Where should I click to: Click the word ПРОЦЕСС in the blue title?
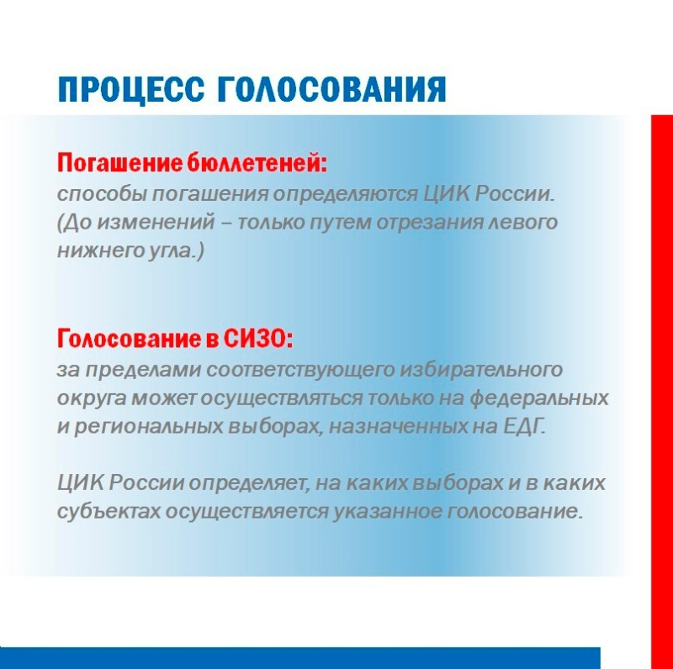pyautogui.click(x=131, y=90)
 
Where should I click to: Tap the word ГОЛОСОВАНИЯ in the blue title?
pyautogui.click(x=332, y=89)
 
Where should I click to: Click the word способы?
pyautogui.click(x=101, y=195)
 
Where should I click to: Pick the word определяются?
pyautogui.click(x=346, y=195)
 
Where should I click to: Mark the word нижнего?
pyautogui.click(x=99, y=250)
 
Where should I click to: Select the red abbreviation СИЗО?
pyautogui.click(x=257, y=339)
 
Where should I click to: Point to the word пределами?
pyautogui.click(x=142, y=370)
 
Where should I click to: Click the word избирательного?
pyautogui.click(x=480, y=370)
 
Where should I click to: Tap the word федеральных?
pyautogui.click(x=538, y=398)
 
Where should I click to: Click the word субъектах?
pyautogui.click(x=109, y=511)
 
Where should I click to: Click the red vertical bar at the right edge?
pyautogui.click(x=662, y=392)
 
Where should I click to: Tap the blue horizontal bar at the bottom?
pyautogui.click(x=300, y=658)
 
